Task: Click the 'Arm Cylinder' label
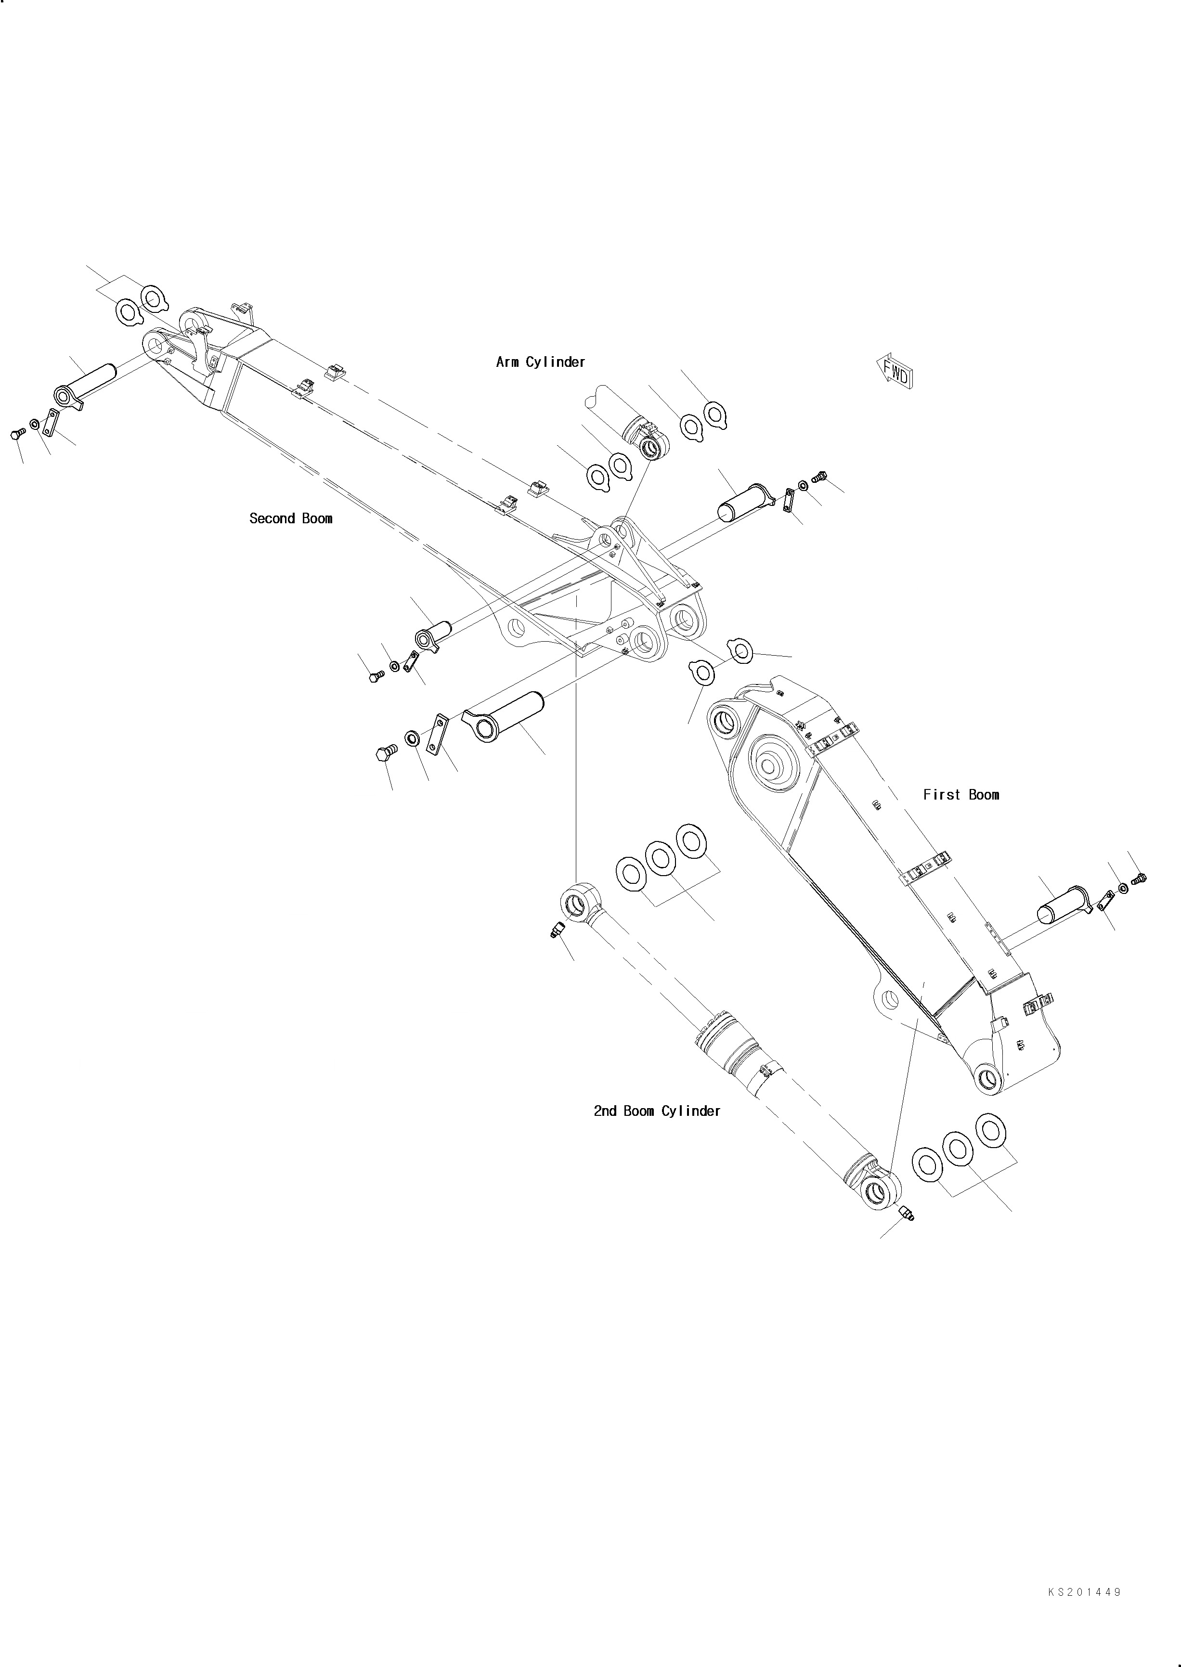[540, 362]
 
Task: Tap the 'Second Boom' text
[291, 518]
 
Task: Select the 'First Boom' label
[960, 795]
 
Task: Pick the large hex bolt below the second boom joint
[386, 752]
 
